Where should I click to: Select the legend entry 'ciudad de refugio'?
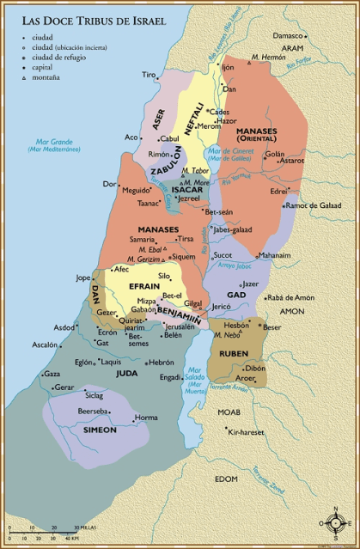pos(58,58)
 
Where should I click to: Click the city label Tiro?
pos(149,75)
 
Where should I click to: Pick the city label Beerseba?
pos(92,412)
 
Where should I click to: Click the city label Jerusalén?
pos(180,326)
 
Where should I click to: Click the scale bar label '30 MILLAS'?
pos(86,527)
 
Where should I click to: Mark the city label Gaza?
pos(52,374)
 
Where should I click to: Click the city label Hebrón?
pos(161,363)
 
